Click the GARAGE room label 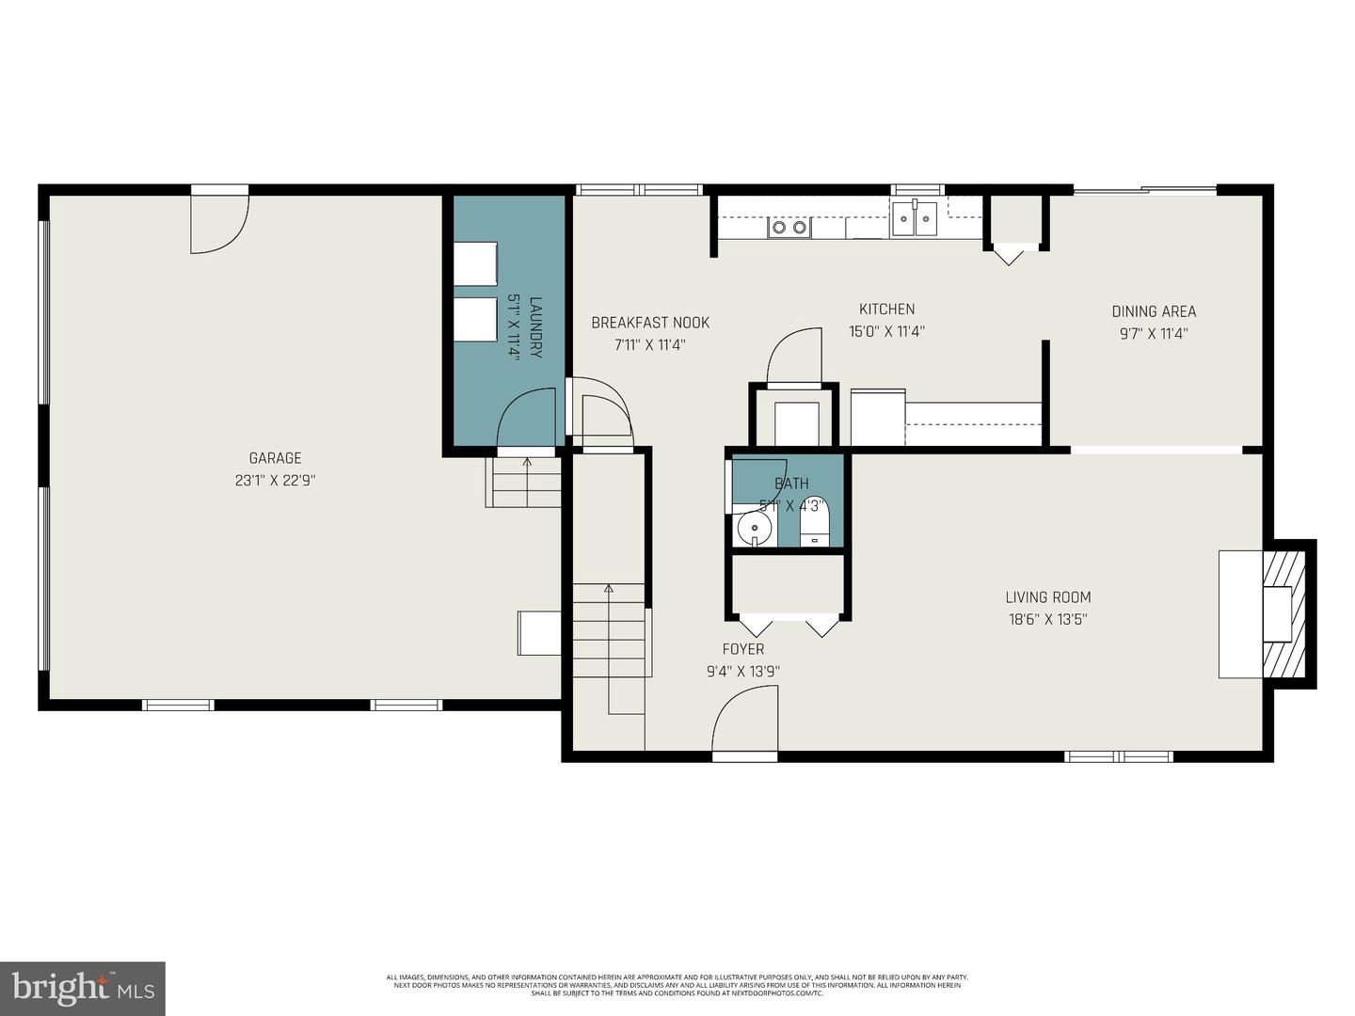coord(275,458)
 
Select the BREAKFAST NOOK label coord(650,323)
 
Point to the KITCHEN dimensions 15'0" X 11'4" coord(886,331)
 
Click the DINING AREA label coord(1154,311)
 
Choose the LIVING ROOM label coord(1048,596)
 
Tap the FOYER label coord(742,649)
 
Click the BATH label coord(791,484)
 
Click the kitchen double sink coord(915,220)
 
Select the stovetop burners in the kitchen coord(789,227)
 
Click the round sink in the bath coord(753,528)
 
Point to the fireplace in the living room coord(1281,613)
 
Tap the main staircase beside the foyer coord(610,630)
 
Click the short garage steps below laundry coord(522,482)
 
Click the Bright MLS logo coord(82,988)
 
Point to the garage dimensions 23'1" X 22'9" coord(275,481)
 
